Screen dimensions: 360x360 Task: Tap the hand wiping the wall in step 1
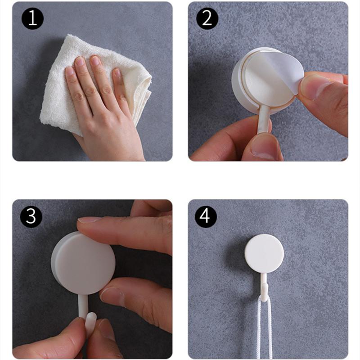(x=103, y=117)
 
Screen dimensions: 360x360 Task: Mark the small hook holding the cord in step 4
(x=264, y=290)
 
